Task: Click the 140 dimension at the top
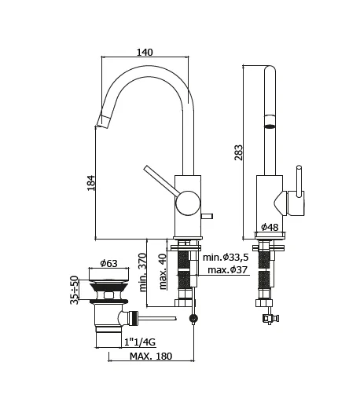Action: click(x=145, y=52)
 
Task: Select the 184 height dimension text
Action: click(x=90, y=182)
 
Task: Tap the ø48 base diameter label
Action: click(x=270, y=228)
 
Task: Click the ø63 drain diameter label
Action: click(x=109, y=263)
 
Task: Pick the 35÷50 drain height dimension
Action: click(x=75, y=290)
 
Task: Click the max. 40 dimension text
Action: click(x=162, y=271)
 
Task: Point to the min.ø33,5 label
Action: click(x=226, y=257)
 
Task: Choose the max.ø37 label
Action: click(x=228, y=270)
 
